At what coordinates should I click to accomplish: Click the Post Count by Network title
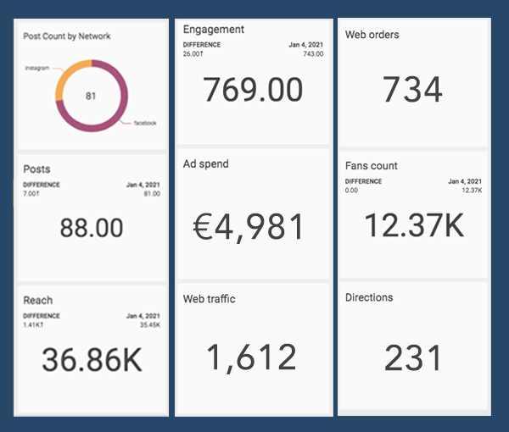click(67, 36)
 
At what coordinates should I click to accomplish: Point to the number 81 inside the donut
click(92, 97)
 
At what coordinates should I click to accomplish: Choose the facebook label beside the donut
click(146, 124)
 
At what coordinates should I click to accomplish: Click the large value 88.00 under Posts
click(92, 227)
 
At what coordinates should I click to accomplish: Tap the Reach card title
click(38, 300)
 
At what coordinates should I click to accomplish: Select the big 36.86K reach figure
click(92, 360)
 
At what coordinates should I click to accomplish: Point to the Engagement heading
click(214, 30)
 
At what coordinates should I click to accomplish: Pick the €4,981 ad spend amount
click(254, 226)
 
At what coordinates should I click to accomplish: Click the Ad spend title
click(206, 163)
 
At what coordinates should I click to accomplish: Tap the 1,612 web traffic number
click(254, 357)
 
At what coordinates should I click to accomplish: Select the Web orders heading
click(372, 35)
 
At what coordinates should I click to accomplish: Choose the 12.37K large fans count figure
click(412, 224)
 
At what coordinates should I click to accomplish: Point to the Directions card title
click(370, 297)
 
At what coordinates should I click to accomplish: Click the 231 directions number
click(413, 357)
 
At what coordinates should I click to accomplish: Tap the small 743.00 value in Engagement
click(313, 53)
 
